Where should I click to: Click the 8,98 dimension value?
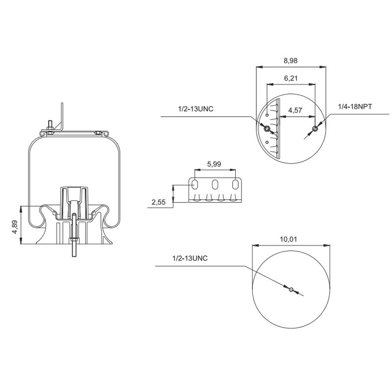click(x=291, y=61)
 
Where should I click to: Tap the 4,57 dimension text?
click(x=295, y=110)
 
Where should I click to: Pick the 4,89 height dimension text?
click(x=15, y=226)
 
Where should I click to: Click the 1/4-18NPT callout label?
click(x=355, y=106)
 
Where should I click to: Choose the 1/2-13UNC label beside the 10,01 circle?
click(x=190, y=258)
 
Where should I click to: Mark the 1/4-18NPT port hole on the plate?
click(x=314, y=129)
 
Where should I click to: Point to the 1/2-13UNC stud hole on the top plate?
click(x=267, y=129)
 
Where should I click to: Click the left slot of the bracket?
click(x=195, y=185)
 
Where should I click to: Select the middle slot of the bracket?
click(x=215, y=185)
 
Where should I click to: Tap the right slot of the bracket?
click(x=236, y=185)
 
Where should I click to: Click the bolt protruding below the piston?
click(x=73, y=245)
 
